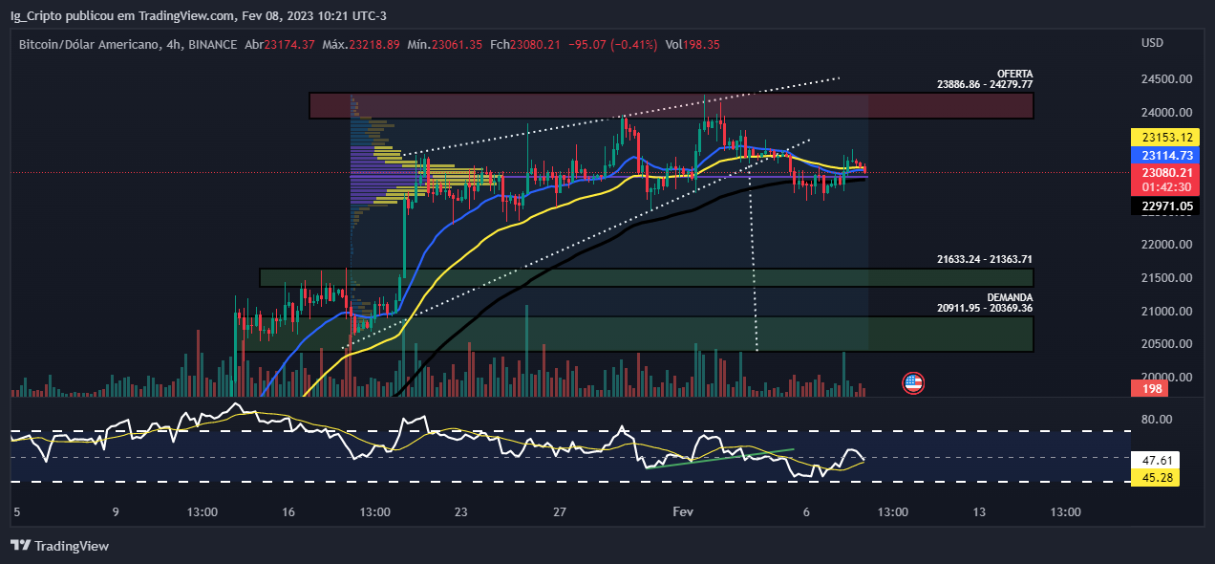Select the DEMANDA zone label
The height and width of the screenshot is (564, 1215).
click(x=1010, y=297)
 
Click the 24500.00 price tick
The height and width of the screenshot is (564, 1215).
click(x=1167, y=79)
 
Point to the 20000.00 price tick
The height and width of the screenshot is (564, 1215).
click(x=1167, y=377)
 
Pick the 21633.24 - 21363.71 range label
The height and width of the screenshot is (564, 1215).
click(x=985, y=259)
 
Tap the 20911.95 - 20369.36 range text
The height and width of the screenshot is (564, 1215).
click(x=985, y=308)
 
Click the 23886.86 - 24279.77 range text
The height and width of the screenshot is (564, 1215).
click(x=985, y=84)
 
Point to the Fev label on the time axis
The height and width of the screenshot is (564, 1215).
click(x=683, y=512)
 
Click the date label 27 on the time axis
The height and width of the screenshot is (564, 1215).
click(x=561, y=512)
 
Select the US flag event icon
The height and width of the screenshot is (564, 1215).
click(x=913, y=383)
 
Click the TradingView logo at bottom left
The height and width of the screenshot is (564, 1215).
click(x=60, y=546)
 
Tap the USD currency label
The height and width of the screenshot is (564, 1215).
click(x=1152, y=42)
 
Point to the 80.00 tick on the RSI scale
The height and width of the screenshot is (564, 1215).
click(x=1157, y=419)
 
